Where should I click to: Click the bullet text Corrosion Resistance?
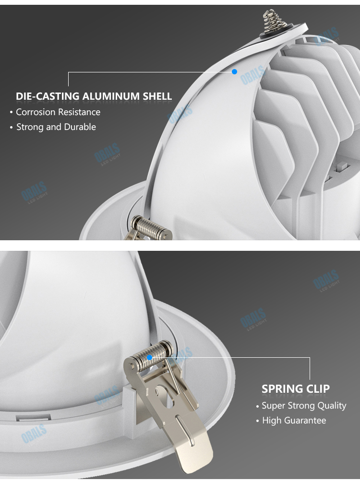[58, 112]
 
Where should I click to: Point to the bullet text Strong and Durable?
[56, 127]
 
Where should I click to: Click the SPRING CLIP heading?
[296, 389]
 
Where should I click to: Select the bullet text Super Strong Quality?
[304, 406]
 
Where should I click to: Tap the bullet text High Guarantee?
[294, 421]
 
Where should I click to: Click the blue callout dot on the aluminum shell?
[235, 71]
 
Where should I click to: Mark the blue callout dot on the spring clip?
[150, 357]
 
